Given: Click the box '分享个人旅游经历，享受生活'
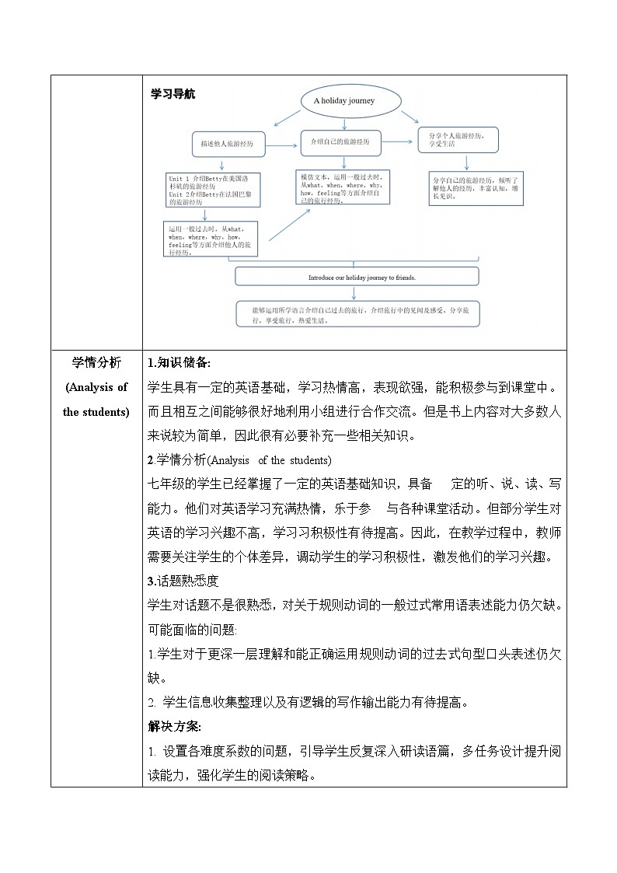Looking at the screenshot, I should pos(457,140).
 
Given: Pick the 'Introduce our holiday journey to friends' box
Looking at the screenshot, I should pos(357,276).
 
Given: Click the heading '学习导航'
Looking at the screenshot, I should pos(173,94).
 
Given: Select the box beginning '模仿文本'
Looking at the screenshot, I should pos(343,187).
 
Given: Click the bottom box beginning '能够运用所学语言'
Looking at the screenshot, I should pos(357,313).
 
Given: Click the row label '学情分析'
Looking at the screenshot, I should pos(96,363).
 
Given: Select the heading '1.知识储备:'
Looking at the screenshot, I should pos(179,363).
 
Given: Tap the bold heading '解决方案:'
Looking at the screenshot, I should pos(174,727).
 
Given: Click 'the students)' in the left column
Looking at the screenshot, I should pos(96,412).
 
